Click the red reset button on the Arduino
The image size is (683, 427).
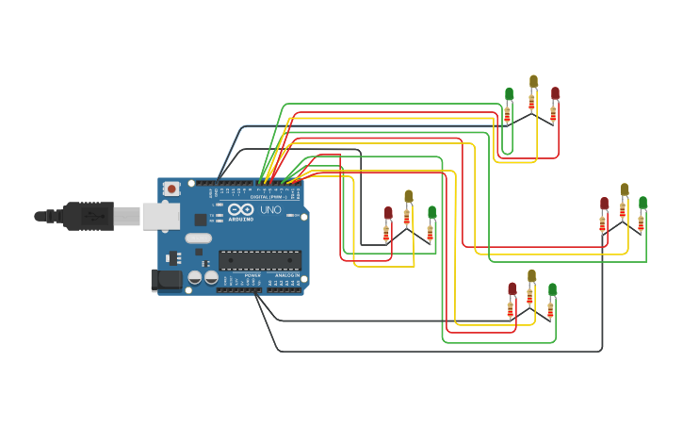point(171,189)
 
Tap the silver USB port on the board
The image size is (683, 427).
point(160,216)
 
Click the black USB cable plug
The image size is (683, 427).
point(89,216)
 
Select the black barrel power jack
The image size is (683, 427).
point(168,280)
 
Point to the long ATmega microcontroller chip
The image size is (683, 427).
point(260,260)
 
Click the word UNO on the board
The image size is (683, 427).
point(270,209)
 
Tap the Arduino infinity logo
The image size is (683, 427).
point(240,210)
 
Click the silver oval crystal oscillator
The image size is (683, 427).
point(199,238)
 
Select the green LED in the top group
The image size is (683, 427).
point(509,94)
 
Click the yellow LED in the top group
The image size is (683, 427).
point(533,82)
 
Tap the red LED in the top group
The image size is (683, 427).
point(555,93)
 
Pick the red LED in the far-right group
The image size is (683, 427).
point(605,203)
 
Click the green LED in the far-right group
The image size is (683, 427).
point(642,203)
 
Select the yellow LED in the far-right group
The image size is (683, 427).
point(624,189)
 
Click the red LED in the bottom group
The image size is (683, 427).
point(512,288)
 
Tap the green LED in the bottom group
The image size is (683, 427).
point(552,288)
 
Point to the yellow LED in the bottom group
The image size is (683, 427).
point(531,275)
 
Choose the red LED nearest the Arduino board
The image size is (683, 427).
point(388,213)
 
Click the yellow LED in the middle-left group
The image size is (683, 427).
point(408,196)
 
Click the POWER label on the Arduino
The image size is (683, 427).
point(252,275)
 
